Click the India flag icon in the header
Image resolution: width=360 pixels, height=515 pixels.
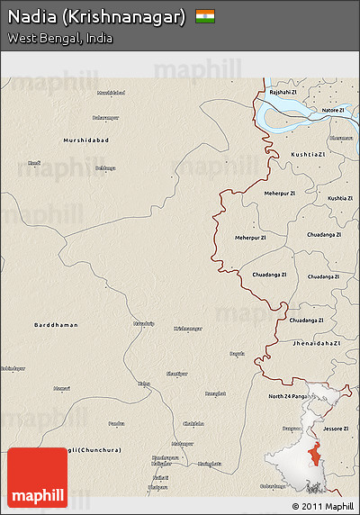(205, 16)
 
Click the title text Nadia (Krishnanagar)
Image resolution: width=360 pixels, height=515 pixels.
(97, 17)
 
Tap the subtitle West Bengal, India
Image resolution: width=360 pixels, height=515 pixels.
(60, 38)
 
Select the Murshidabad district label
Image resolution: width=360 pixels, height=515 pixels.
(85, 140)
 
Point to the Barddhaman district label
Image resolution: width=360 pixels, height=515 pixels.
(56, 324)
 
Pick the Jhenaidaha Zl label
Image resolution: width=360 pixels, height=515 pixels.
(316, 343)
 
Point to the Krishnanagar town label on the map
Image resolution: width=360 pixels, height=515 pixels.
(189, 329)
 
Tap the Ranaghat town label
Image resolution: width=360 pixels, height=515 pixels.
(216, 393)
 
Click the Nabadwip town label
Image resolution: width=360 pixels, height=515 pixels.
(144, 321)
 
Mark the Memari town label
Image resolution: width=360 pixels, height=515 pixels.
(61, 388)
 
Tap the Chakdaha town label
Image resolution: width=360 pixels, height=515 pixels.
(193, 423)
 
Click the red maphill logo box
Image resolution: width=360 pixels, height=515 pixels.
(37, 477)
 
